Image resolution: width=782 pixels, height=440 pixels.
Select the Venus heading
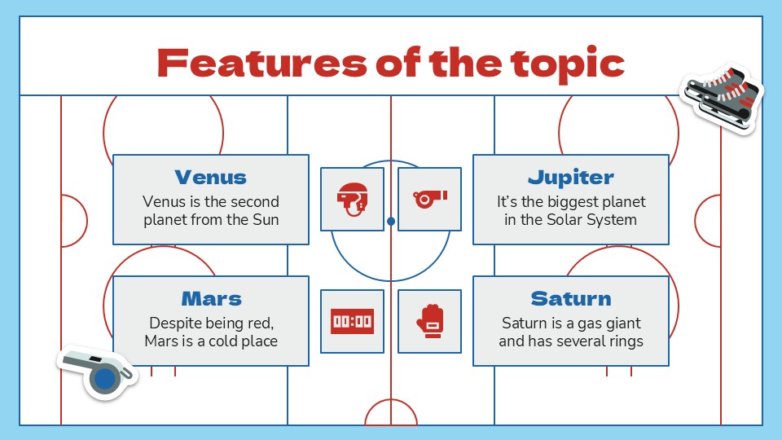click(210, 177)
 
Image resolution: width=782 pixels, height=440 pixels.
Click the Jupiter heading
click(570, 177)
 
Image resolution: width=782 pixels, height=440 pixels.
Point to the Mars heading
click(211, 298)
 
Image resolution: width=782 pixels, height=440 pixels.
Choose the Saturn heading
click(570, 298)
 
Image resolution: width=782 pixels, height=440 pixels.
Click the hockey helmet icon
click(352, 199)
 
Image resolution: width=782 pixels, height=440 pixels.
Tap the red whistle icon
click(429, 199)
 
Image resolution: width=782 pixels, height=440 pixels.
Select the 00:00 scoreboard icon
click(352, 321)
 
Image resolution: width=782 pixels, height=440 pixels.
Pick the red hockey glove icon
click(429, 321)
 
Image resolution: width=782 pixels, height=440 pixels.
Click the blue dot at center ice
click(391, 221)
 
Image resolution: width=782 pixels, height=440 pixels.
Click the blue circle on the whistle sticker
click(104, 380)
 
